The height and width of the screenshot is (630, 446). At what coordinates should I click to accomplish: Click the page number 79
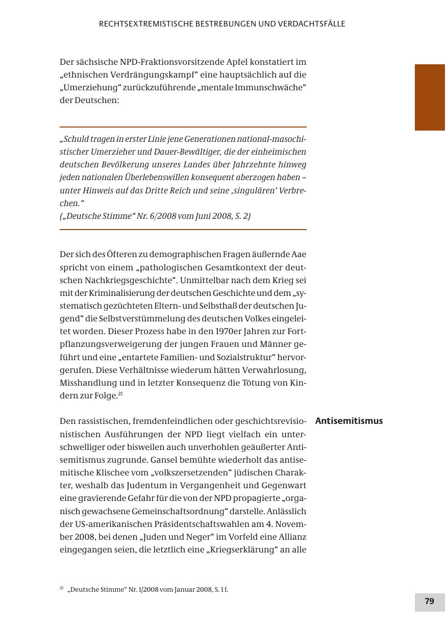(x=429, y=601)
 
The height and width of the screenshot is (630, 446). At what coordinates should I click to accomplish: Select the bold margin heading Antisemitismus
(x=349, y=421)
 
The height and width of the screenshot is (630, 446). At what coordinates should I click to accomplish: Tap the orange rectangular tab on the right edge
(x=430, y=97)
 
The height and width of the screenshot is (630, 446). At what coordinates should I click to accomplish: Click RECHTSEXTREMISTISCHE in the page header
(x=146, y=24)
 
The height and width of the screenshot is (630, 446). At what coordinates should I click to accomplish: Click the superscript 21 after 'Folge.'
(x=120, y=394)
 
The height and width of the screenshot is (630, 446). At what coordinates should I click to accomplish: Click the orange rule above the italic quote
(x=183, y=127)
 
